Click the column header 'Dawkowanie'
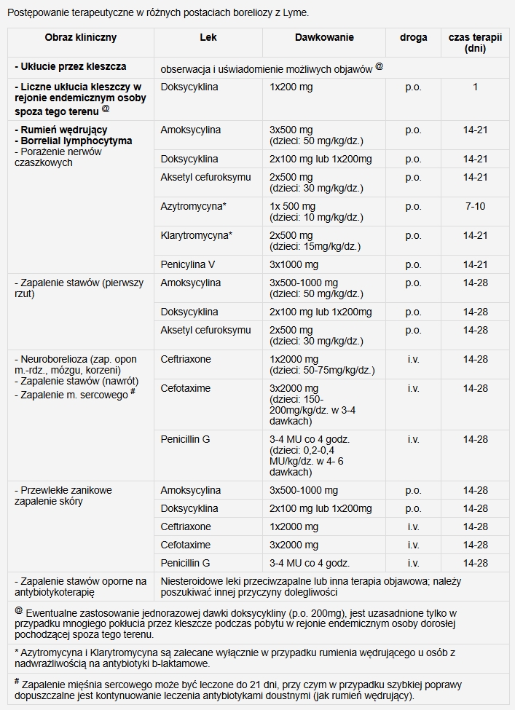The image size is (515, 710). tap(324, 37)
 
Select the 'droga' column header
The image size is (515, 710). tap(413, 37)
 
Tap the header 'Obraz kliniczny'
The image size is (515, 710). tap(80, 37)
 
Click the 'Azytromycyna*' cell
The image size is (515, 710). tap(194, 207)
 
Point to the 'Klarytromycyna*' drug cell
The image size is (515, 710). tap(197, 236)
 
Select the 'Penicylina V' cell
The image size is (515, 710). tap(189, 265)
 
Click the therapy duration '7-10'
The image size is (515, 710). tap(475, 207)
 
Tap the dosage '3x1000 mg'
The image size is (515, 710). tap(294, 265)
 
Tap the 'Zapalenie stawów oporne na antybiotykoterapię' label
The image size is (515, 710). tap(80, 586)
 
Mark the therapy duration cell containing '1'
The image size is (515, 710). tap(475, 87)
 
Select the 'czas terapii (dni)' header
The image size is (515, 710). tap(475, 42)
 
